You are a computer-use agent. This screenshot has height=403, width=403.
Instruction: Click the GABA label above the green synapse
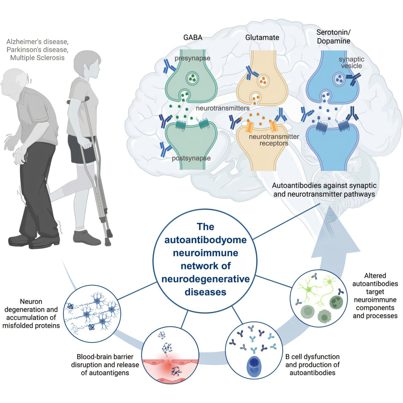click(x=193, y=37)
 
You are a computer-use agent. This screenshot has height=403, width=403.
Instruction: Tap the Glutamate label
click(x=262, y=37)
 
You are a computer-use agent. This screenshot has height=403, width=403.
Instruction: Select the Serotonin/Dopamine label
click(x=333, y=37)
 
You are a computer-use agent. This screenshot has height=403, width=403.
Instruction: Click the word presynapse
click(x=192, y=58)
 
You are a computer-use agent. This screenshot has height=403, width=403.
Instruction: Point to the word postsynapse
click(x=191, y=158)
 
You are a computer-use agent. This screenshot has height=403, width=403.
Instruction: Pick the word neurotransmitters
click(x=223, y=108)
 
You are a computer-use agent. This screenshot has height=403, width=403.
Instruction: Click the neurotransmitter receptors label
click(x=274, y=140)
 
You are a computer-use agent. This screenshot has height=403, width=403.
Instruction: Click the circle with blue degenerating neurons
click(x=92, y=314)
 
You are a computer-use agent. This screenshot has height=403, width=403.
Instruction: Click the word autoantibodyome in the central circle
click(x=206, y=240)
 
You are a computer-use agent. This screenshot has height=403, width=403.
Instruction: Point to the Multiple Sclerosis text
click(x=37, y=58)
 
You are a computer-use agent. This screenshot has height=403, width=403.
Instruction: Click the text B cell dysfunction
click(x=312, y=357)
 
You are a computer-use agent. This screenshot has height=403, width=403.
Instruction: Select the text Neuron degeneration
click(x=31, y=305)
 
